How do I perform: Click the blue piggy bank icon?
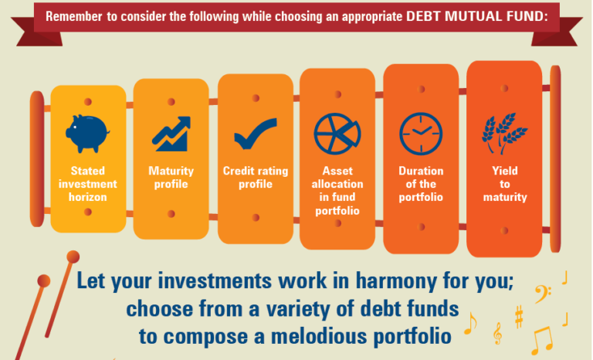87,134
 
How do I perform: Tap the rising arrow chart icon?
171,134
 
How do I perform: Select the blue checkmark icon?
256,134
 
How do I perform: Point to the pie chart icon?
337,134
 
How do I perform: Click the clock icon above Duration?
421,134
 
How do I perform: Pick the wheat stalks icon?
504,133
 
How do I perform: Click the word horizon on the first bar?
88,197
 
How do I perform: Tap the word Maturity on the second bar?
171,171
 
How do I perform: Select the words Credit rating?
256,171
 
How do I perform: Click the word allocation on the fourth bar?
337,184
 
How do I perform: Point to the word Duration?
421,171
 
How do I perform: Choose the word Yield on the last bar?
505,171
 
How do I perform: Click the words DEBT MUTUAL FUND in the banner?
477,16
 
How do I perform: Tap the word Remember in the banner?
74,17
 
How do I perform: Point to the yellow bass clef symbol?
543,294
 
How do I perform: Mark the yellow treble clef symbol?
498,333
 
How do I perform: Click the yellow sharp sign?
519,317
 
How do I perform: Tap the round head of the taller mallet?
73,256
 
